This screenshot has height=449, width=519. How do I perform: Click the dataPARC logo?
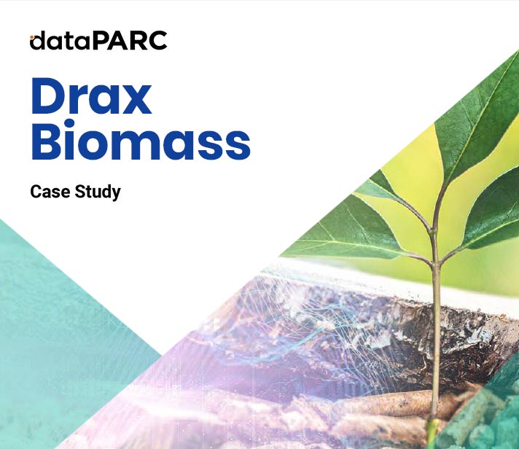(98, 41)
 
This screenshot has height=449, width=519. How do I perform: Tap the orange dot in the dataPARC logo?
(31, 36)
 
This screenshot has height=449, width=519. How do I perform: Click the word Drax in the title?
(91, 96)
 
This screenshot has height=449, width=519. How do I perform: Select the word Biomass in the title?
(141, 141)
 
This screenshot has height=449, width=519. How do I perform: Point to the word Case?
(50, 192)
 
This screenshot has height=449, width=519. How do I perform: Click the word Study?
(98, 192)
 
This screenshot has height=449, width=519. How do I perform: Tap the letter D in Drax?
(49, 96)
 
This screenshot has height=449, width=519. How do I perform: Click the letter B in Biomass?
(47, 141)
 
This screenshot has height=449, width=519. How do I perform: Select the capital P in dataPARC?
(100, 41)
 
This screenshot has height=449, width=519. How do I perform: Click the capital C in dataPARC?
(159, 41)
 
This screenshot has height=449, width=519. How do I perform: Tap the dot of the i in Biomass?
(71, 124)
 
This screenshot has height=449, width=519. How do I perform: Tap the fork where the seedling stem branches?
(434, 262)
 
